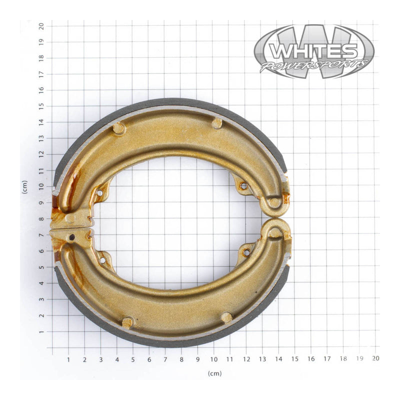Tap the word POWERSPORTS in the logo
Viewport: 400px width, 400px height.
click(313, 65)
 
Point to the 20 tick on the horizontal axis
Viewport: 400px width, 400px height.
click(375, 358)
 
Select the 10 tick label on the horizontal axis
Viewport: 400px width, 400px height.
click(213, 358)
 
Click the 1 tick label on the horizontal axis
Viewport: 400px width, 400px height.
click(68, 358)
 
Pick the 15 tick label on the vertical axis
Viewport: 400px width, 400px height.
click(41, 105)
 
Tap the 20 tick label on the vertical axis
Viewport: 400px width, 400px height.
click(41, 25)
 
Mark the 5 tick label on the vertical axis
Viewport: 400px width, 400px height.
click(41, 267)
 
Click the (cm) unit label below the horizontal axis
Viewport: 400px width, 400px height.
click(214, 373)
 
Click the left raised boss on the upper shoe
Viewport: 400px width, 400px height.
click(118, 128)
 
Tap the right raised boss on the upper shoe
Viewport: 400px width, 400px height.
click(217, 123)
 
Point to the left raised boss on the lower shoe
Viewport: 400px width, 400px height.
click(128, 322)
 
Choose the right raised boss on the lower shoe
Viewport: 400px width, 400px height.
click(226, 317)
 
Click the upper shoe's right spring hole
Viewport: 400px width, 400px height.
click(243, 186)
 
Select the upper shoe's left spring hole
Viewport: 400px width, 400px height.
click(100, 192)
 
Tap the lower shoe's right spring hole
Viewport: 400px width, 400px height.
click(246, 252)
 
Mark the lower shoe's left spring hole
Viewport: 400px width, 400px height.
click(103, 259)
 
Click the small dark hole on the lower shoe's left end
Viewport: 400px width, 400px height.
click(72, 237)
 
